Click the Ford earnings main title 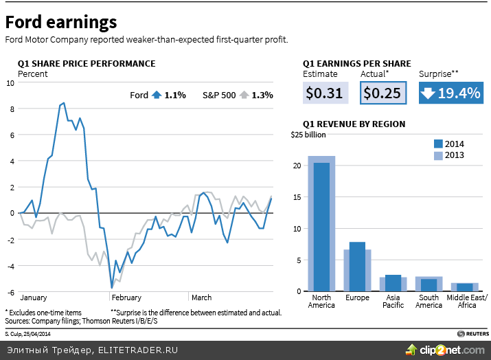coord(61,22)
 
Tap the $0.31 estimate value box coord(325,93)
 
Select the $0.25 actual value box coord(382,93)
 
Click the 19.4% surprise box coord(450,93)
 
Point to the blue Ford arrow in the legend coord(156,95)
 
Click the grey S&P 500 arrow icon coord(243,95)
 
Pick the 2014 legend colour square coord(438,144)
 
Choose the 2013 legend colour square coord(438,155)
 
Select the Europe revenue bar coord(357,267)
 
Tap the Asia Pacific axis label coord(393,301)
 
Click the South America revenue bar coord(429,284)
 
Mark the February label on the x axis coord(126,297)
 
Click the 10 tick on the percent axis coord(10,82)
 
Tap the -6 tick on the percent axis coord(10,291)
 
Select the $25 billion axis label coord(308,135)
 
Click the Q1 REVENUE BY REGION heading coord(354,124)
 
